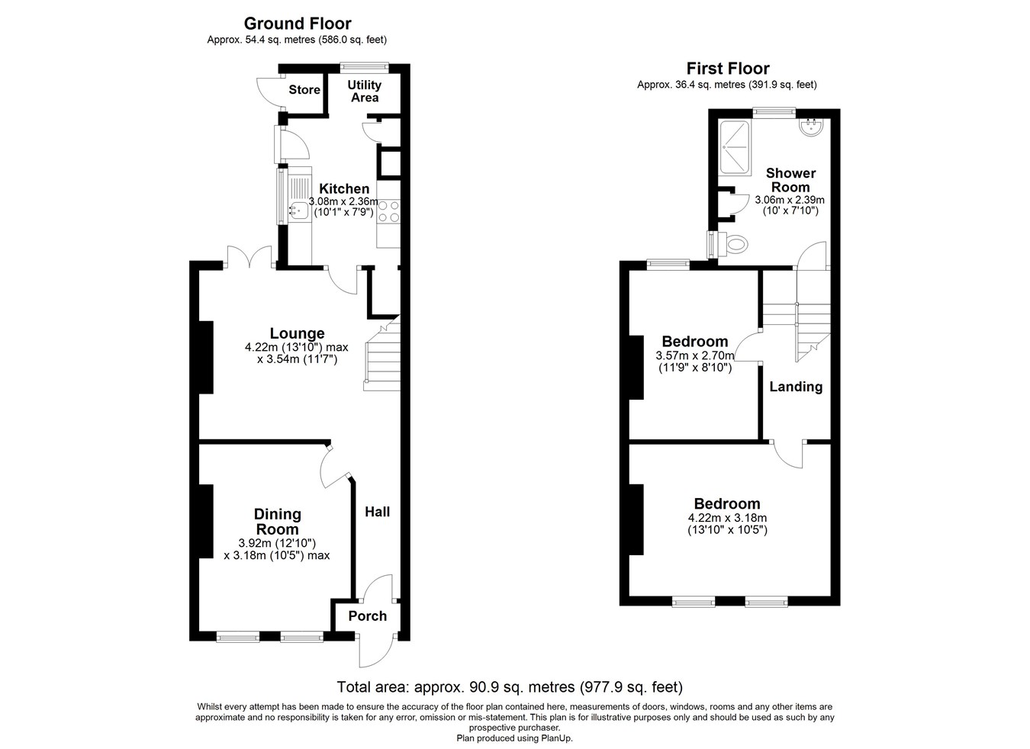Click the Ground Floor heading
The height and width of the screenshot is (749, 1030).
coord(298,24)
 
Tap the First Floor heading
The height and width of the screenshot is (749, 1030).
coord(727,69)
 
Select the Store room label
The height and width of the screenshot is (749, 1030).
coord(304,90)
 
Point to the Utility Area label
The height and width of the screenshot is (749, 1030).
coord(364,91)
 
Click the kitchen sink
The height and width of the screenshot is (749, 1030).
coord(298,211)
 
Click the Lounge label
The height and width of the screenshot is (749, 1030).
coord(297,333)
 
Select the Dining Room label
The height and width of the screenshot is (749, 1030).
coord(277,522)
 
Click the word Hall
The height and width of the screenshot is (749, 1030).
coord(377,512)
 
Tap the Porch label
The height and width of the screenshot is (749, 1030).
coord(368,616)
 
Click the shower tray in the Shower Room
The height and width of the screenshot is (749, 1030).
coord(735,148)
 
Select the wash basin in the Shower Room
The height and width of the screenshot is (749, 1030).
coord(811,127)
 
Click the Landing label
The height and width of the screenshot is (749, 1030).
coord(796,387)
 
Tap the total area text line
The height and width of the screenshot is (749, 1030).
coord(510,687)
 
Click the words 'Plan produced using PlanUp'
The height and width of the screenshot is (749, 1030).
coord(514,738)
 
